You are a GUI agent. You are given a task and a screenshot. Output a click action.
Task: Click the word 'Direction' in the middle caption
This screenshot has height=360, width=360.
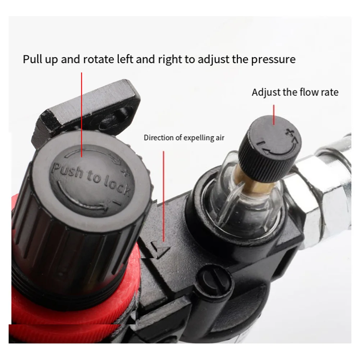[158, 138]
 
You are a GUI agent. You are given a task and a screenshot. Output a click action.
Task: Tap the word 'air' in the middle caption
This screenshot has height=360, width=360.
[220, 138]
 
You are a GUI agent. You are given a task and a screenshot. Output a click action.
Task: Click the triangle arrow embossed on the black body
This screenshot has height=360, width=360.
[160, 248]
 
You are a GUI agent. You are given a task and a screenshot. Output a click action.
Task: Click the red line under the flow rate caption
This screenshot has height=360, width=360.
[274, 114]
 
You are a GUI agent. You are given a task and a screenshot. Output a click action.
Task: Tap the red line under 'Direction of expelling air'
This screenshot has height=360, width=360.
[164, 194]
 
